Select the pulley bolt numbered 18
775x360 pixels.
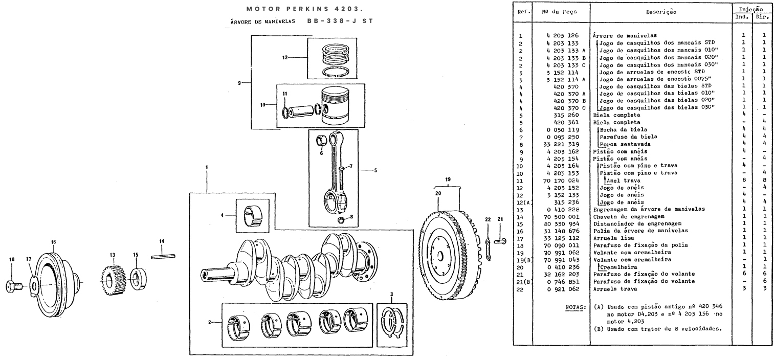(14, 286)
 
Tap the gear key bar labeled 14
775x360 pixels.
(163, 256)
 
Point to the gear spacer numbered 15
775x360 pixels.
(139, 279)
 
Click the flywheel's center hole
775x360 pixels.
(440, 257)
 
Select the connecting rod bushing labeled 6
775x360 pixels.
(322, 141)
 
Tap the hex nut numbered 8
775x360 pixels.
(341, 220)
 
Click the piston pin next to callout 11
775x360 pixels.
(300, 111)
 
